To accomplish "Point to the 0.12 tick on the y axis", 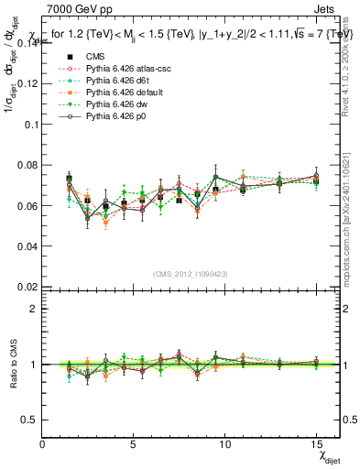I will [27, 83].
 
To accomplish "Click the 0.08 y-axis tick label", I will [27, 165].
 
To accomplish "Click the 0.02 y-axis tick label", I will [27, 287].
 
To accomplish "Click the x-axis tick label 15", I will [315, 444].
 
